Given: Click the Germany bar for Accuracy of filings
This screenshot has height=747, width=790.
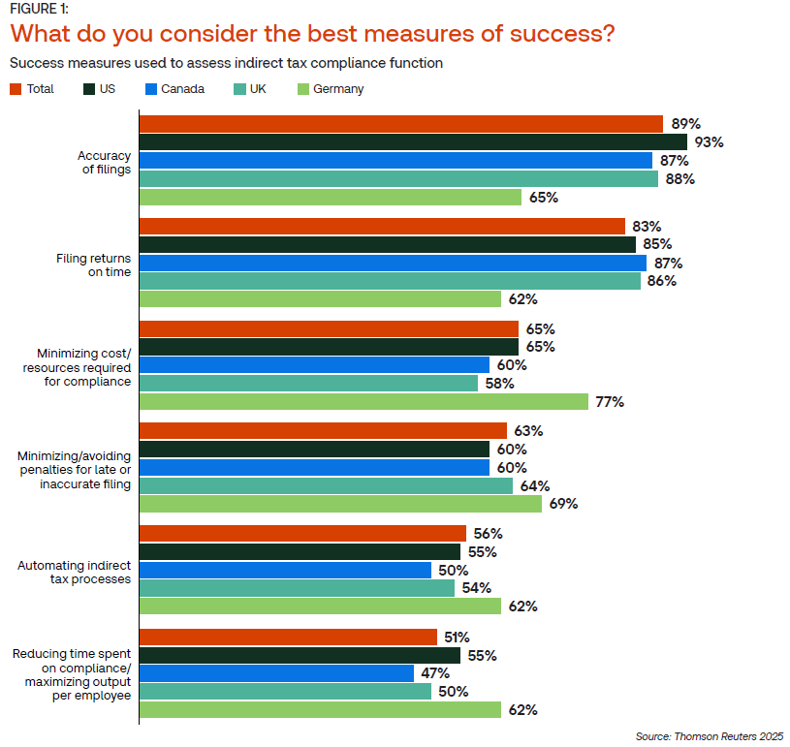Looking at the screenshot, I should click(x=331, y=197).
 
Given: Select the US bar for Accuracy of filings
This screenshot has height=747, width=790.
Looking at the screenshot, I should click(x=413, y=142).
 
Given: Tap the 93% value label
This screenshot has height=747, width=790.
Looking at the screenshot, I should click(x=709, y=142).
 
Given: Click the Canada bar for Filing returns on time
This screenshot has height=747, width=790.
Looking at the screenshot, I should click(x=393, y=263).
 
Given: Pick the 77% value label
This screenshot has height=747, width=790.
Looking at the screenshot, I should click(x=610, y=402).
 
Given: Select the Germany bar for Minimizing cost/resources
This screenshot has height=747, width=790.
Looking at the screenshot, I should click(x=363, y=401).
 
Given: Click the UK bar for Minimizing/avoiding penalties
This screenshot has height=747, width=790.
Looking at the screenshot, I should click(x=326, y=485).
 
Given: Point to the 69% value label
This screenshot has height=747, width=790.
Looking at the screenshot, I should click(x=563, y=504).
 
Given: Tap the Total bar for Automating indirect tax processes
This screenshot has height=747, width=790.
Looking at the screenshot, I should click(x=302, y=533).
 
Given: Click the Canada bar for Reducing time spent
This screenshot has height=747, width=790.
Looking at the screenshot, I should click(x=276, y=673).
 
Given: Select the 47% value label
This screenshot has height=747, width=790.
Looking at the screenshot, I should click(x=435, y=673).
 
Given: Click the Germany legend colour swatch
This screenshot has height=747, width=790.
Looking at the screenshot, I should click(x=302, y=89).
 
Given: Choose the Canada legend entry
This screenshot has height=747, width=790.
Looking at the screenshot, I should click(x=175, y=89).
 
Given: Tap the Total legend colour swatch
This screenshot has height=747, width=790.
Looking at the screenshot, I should click(x=16, y=89).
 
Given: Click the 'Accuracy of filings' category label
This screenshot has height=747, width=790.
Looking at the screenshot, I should click(x=104, y=162).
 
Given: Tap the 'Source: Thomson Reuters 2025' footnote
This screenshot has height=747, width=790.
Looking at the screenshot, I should click(x=709, y=734).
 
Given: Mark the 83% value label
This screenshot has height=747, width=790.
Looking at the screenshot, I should click(x=646, y=226).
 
